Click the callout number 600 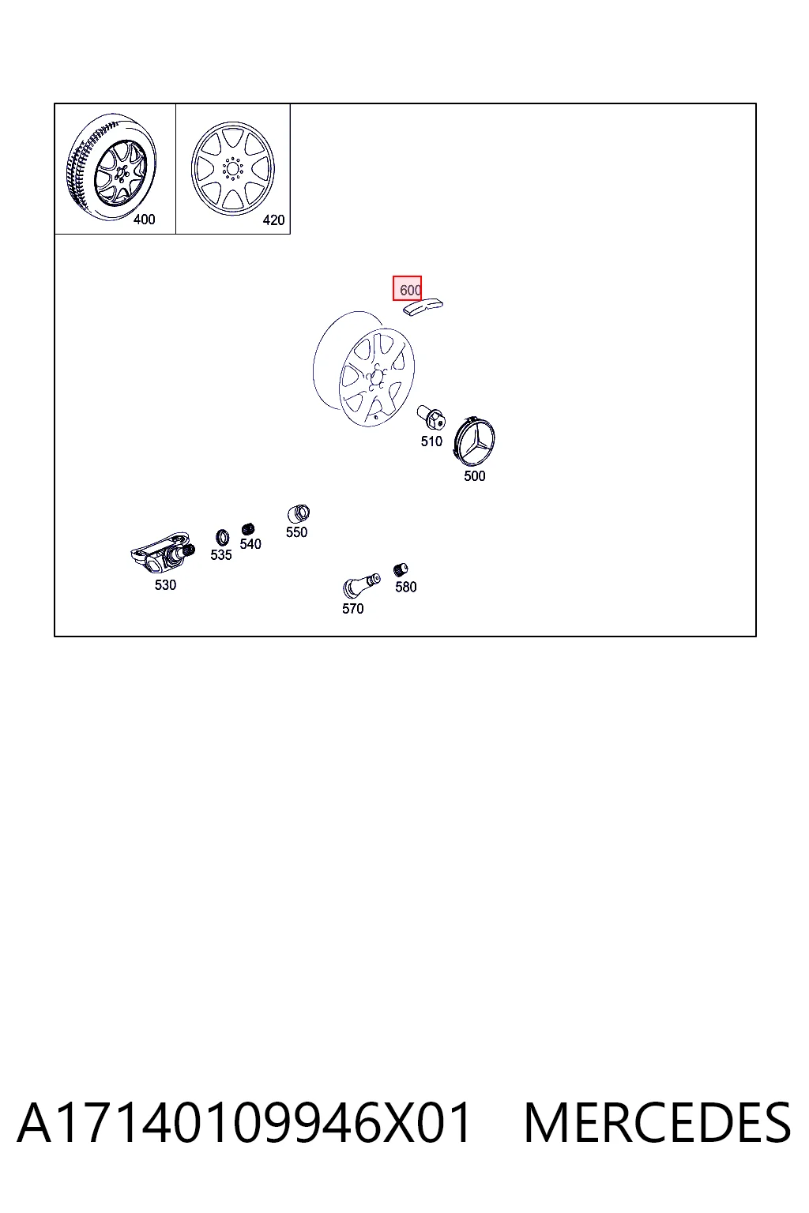point(410,291)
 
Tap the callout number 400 point(144,220)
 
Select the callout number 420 point(273,220)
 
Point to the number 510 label point(431,441)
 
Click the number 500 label point(475,476)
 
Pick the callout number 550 point(296,532)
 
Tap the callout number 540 point(250,543)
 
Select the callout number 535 point(221,555)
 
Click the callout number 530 point(165,585)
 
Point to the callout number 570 point(352,609)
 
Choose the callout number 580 point(406,587)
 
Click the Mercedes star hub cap point(474,441)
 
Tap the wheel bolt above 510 point(431,418)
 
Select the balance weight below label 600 point(423,306)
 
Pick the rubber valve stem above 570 point(361,585)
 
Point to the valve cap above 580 point(401,570)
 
